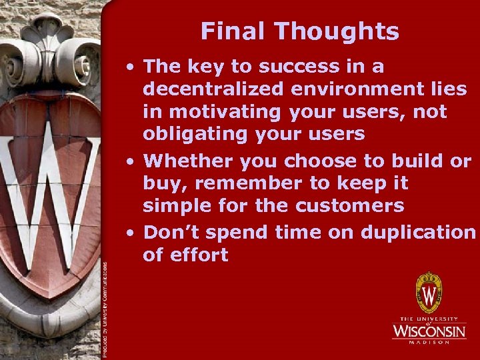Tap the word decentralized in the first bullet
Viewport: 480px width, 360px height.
[213, 89]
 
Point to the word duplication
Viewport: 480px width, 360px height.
[418, 232]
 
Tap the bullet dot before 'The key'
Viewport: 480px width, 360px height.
[134, 67]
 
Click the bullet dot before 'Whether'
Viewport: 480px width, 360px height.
[134, 161]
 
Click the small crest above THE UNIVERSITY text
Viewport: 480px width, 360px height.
[429, 293]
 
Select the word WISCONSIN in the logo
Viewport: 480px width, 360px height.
[429, 331]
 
